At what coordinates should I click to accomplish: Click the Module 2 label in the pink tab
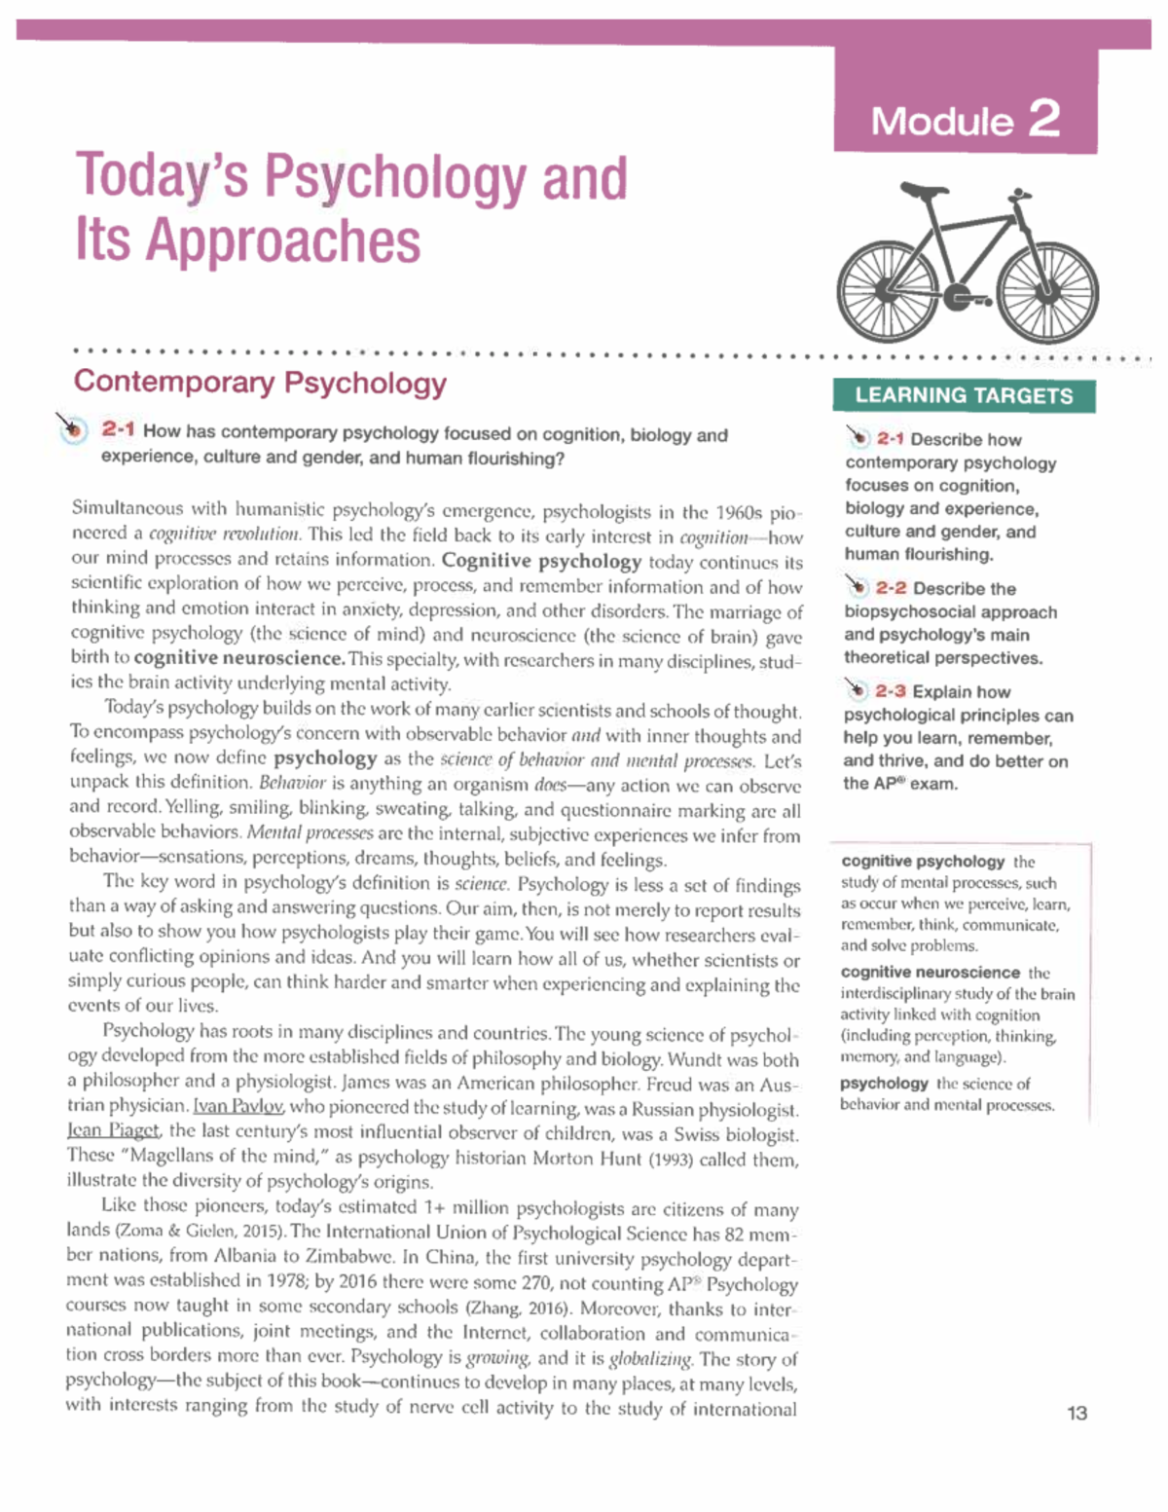click(x=965, y=121)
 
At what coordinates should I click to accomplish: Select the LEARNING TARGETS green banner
click(x=964, y=395)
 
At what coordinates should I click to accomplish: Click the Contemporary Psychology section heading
click(x=260, y=382)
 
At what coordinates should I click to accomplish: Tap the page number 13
click(x=1077, y=1413)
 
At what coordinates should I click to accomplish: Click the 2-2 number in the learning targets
click(x=891, y=588)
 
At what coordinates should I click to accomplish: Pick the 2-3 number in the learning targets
click(x=890, y=691)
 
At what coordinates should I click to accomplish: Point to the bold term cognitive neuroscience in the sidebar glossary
click(x=931, y=972)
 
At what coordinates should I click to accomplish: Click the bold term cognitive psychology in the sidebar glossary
click(x=923, y=861)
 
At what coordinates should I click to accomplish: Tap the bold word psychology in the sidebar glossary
click(x=884, y=1083)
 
